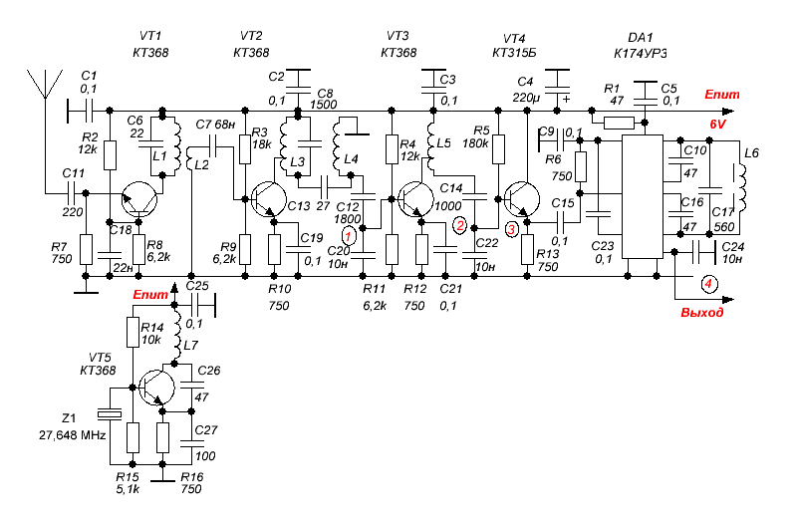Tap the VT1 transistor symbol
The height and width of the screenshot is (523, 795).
pyautogui.click(x=139, y=199)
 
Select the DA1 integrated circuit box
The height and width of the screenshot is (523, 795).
pyautogui.click(x=643, y=196)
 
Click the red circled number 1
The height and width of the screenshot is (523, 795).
pyautogui.click(x=349, y=236)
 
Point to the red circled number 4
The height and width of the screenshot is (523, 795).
pyautogui.click(x=708, y=284)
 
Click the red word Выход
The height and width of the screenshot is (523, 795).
pyautogui.click(x=701, y=313)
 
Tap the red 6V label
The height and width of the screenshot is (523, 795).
pyautogui.click(x=717, y=125)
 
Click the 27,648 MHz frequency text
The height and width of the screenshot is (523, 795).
pyautogui.click(x=73, y=435)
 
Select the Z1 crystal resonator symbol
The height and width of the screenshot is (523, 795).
pyautogui.click(x=110, y=414)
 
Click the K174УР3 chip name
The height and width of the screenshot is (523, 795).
pyautogui.click(x=641, y=54)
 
